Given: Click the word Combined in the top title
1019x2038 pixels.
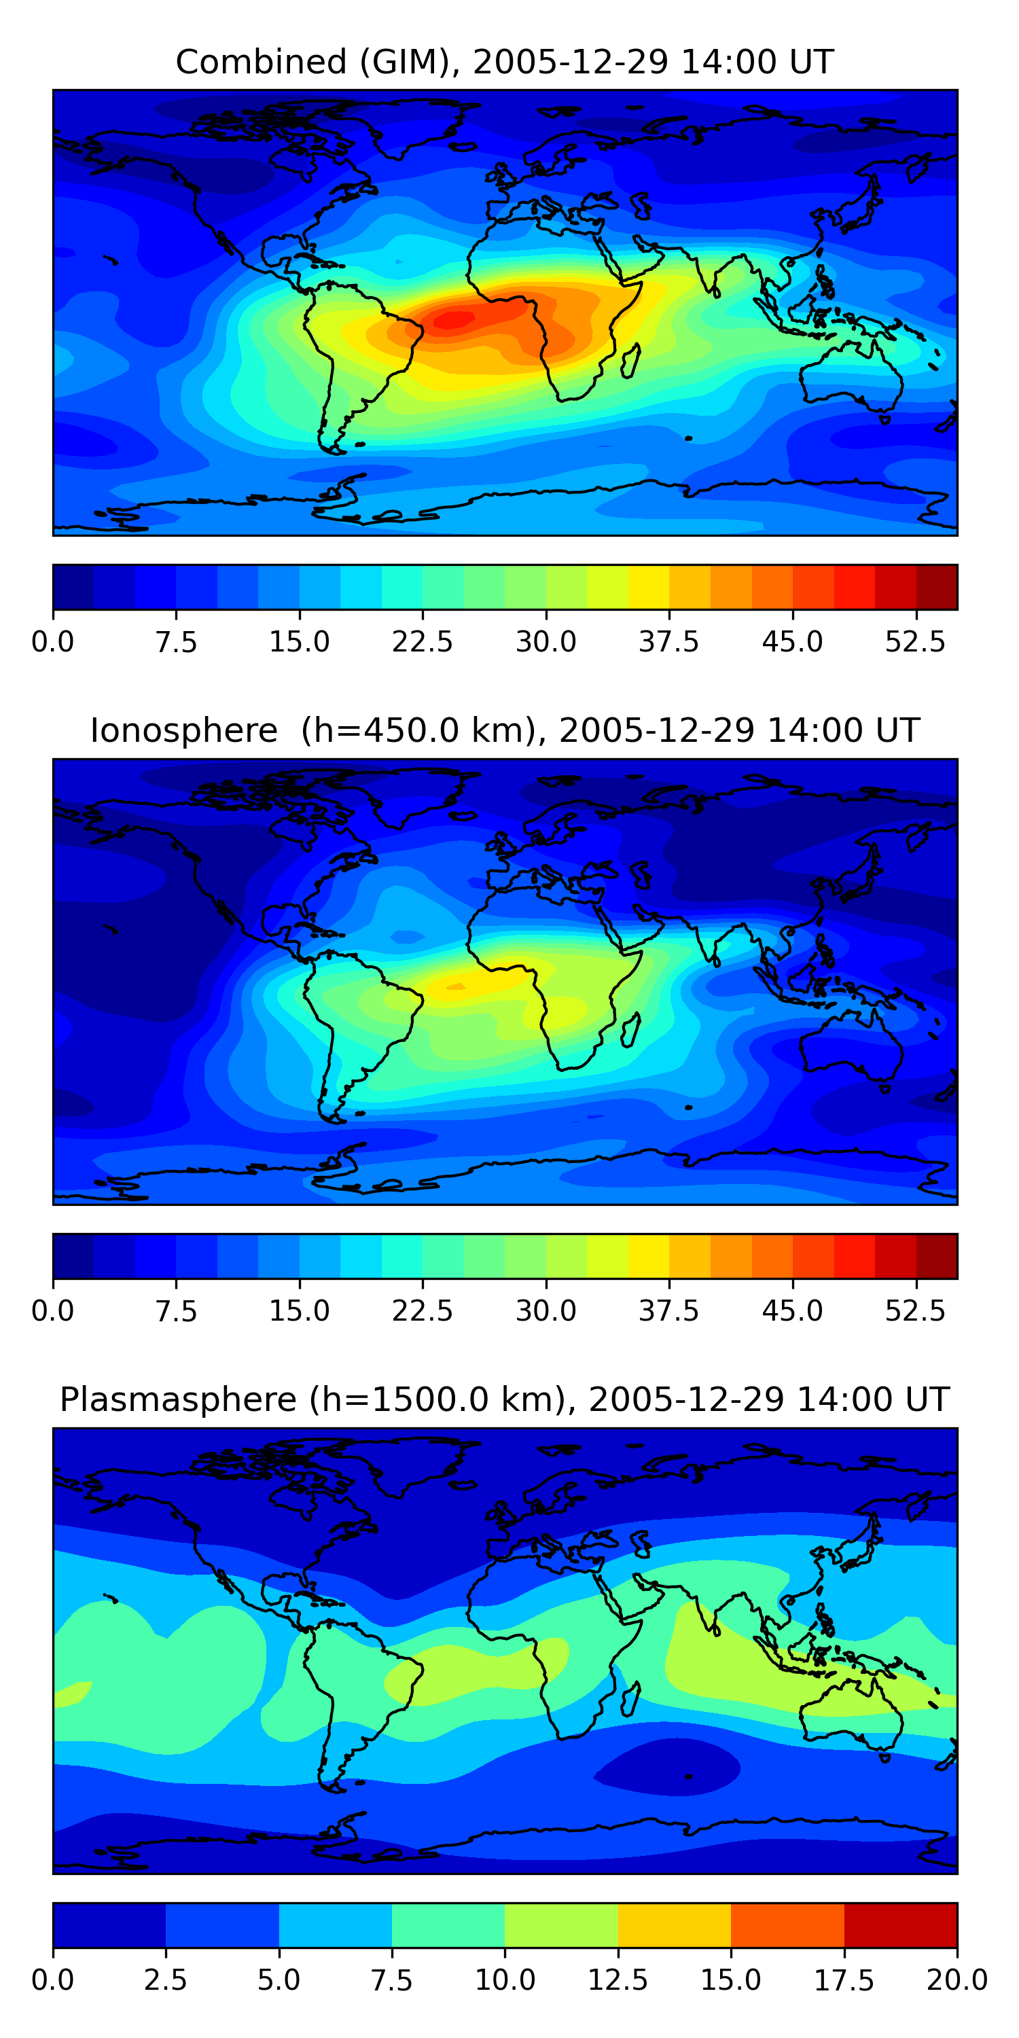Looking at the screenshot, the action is (x=261, y=62).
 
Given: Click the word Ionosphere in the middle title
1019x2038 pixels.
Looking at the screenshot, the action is (x=184, y=730).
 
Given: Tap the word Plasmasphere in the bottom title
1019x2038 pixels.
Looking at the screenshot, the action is (x=178, y=1400).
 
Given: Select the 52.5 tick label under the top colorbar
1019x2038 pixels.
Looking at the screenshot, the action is (x=915, y=641).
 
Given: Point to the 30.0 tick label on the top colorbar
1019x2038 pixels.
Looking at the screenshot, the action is (x=546, y=641).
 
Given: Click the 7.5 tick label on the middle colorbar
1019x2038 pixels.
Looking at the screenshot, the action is (x=176, y=1311).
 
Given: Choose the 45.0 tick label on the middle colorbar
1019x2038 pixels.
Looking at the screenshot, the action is (x=793, y=1311).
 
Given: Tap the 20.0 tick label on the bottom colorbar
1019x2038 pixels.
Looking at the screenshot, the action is (x=957, y=1980).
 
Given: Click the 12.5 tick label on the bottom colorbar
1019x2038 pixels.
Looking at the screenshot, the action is (x=618, y=1980).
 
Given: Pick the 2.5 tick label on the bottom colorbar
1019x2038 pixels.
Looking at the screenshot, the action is (x=165, y=1980).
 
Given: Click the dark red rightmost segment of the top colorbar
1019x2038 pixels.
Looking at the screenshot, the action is (x=937, y=587).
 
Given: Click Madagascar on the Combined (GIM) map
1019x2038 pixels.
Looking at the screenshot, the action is (x=630, y=361).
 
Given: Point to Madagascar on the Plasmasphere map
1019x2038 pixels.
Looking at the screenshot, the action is (x=630, y=1700).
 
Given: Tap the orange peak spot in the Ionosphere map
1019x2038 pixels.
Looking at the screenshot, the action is (x=455, y=986).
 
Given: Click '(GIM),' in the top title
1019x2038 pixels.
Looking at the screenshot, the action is (x=410, y=63).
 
